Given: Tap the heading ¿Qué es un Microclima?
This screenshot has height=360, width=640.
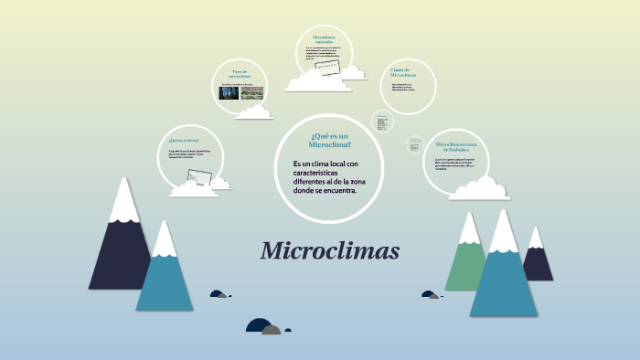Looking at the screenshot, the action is (x=330, y=140).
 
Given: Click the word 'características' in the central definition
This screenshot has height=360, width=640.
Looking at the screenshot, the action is (x=315, y=173).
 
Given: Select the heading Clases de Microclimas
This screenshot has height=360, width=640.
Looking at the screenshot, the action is (x=403, y=72).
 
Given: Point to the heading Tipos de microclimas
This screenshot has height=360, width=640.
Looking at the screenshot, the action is (x=240, y=73).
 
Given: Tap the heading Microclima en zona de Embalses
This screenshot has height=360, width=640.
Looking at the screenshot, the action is (x=454, y=146).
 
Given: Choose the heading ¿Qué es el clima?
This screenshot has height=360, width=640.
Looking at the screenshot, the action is (x=183, y=141).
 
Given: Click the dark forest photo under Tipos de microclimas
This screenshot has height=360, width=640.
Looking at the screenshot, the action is (x=229, y=92).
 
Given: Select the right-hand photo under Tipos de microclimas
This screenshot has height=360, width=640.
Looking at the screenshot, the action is (x=252, y=92).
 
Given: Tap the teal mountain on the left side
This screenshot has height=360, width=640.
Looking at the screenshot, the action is (x=164, y=274).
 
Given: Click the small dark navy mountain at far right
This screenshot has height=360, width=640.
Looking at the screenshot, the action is (x=538, y=260).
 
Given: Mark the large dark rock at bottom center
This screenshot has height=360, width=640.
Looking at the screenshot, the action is (x=259, y=325).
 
